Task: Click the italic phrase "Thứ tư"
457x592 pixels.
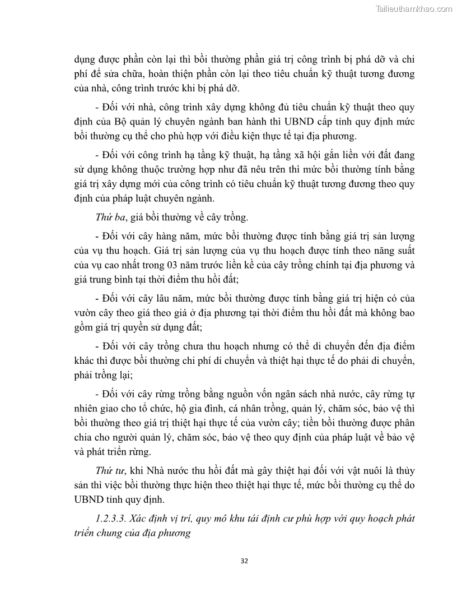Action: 108,470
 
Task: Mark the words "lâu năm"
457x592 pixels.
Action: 161,298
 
